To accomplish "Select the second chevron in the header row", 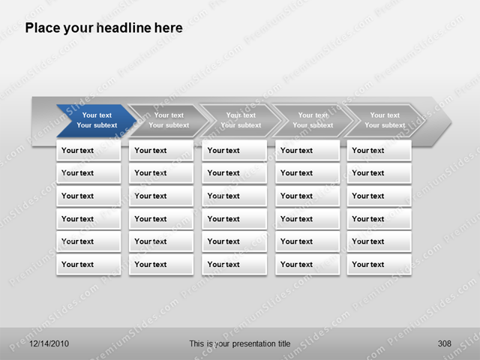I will pyautogui.click(x=167, y=120).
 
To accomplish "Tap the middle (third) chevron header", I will pyautogui.click(x=240, y=120).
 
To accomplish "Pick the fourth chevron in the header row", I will pyautogui.click(x=312, y=120).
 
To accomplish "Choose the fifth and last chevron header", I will pyautogui.click(x=384, y=120).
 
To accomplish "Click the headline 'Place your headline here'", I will pyautogui.click(x=103, y=28).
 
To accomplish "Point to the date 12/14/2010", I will pyautogui.click(x=49, y=343).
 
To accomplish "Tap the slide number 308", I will pyautogui.click(x=444, y=343).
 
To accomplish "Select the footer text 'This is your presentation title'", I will pyautogui.click(x=239, y=343).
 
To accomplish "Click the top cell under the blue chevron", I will pyautogui.click(x=88, y=150).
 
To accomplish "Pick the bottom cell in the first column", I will pyautogui.click(x=88, y=264).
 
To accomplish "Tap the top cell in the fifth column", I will pyautogui.click(x=379, y=150).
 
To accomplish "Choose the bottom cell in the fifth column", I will pyautogui.click(x=379, y=264).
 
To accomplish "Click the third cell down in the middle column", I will pyautogui.click(x=234, y=196).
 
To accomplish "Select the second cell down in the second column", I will pyautogui.click(x=161, y=172).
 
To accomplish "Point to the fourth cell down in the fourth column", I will pyautogui.click(x=307, y=219).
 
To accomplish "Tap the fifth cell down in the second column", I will pyautogui.click(x=161, y=241).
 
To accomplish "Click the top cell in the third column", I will pyautogui.click(x=234, y=150).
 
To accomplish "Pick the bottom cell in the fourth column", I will pyautogui.click(x=307, y=264).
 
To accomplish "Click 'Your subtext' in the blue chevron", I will pyautogui.click(x=97, y=125).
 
